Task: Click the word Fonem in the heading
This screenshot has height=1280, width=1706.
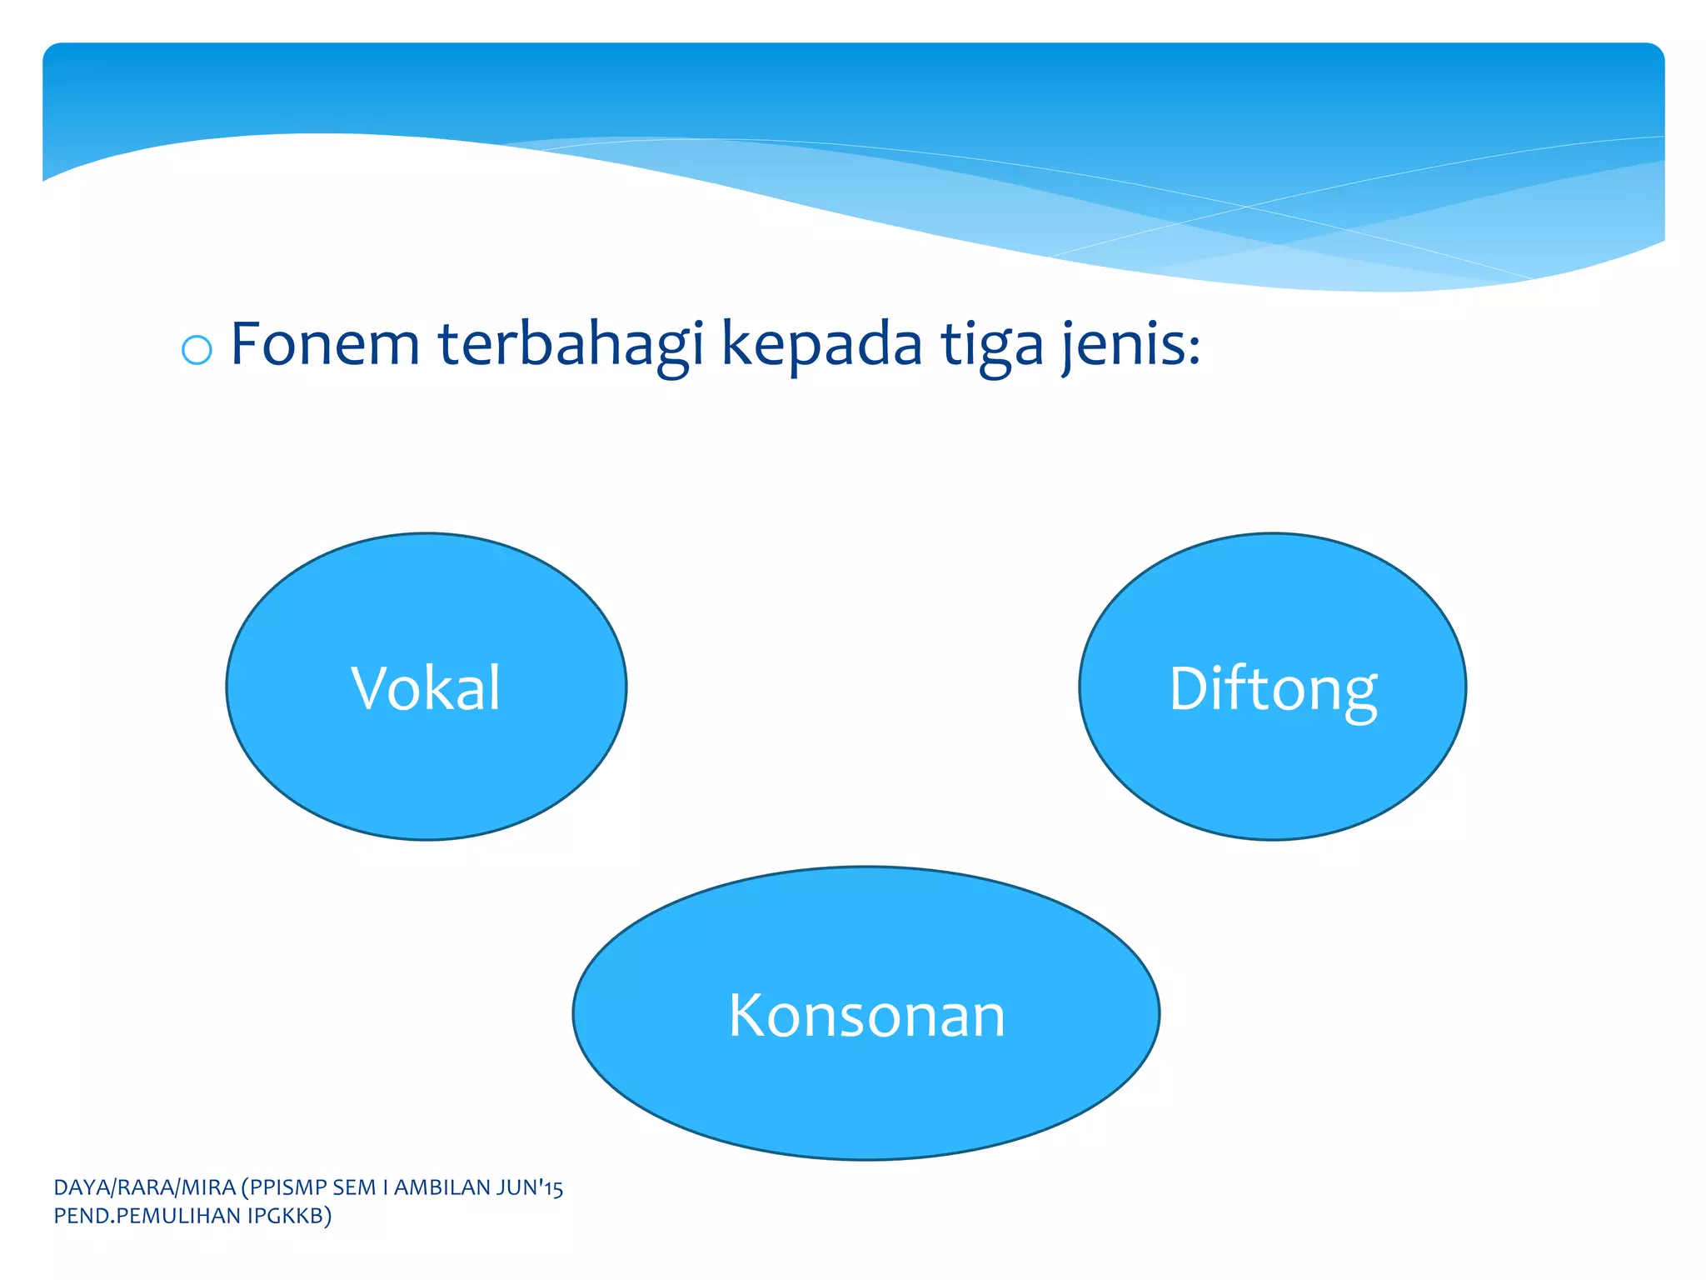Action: (x=325, y=343)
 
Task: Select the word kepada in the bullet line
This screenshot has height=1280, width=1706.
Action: (x=821, y=345)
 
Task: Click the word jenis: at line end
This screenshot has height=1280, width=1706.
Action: (x=1131, y=345)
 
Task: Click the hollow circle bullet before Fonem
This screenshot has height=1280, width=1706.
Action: (x=197, y=349)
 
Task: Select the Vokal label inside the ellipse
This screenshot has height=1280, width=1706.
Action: (x=426, y=688)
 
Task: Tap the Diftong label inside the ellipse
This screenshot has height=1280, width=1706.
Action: (x=1273, y=690)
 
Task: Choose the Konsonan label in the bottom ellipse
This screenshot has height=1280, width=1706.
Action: (x=867, y=1016)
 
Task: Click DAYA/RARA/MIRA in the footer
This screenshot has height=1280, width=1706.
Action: (x=144, y=1187)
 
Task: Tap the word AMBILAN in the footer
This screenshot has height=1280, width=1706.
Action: (x=442, y=1187)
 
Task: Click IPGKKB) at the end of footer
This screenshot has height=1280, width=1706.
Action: (x=290, y=1217)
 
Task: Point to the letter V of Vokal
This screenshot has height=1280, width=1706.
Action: (x=367, y=688)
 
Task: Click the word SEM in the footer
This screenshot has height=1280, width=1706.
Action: (x=352, y=1187)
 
